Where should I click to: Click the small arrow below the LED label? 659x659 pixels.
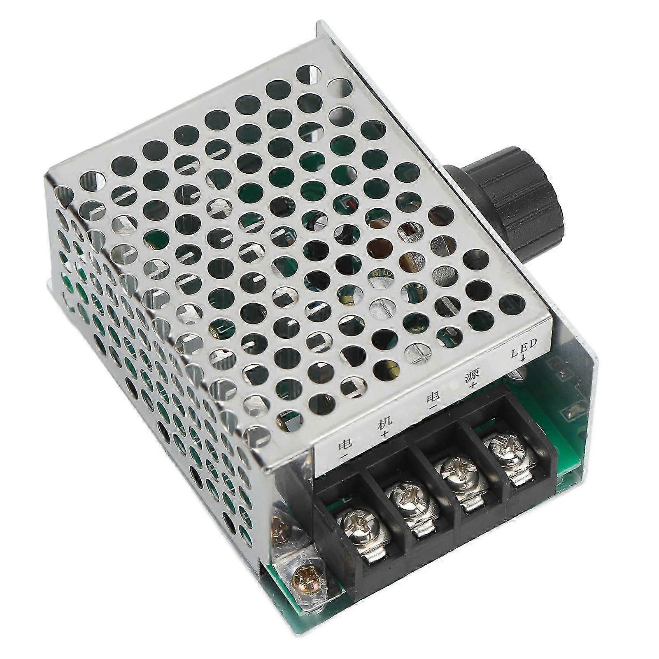click(523, 356)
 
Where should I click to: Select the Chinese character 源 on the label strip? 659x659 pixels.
click(472, 376)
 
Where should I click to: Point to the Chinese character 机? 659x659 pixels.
click(385, 424)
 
